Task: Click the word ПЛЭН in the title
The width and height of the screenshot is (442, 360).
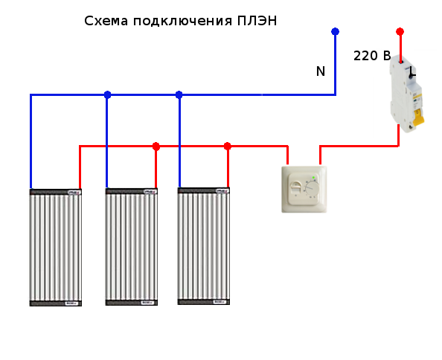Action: tap(257, 21)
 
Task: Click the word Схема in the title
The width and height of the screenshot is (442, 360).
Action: tap(106, 21)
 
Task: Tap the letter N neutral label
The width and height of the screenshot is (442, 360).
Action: tap(321, 71)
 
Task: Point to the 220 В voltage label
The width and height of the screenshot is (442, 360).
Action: tap(372, 56)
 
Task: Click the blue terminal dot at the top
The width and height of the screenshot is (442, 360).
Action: tap(335, 31)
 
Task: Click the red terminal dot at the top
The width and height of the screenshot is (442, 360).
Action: tap(400, 31)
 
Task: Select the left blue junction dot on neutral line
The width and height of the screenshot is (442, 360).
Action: tap(107, 95)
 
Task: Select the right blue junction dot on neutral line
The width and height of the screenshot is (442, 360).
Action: tap(179, 95)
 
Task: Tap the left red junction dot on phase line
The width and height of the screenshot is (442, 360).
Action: tap(156, 147)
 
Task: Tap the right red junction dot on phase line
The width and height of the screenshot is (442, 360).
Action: tap(228, 147)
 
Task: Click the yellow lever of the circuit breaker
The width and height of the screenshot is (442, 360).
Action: tap(418, 118)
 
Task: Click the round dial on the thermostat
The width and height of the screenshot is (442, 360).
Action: tap(313, 189)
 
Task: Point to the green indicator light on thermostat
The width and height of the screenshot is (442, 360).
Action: tap(313, 178)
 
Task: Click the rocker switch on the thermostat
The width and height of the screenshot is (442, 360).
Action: tap(296, 187)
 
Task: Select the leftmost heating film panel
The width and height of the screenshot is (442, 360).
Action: tap(56, 248)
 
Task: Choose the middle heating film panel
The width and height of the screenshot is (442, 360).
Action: tap(132, 246)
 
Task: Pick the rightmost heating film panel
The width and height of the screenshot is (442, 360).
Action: tap(204, 246)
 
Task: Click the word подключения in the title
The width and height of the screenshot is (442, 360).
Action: tap(182, 21)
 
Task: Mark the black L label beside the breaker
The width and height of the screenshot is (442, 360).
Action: tap(412, 72)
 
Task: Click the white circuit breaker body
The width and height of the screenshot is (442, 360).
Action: tap(406, 94)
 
